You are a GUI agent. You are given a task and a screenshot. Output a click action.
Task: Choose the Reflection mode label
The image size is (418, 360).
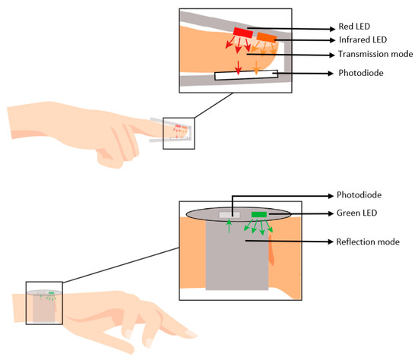(368, 242)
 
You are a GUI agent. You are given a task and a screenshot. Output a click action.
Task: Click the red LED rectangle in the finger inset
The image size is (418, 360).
(243, 32)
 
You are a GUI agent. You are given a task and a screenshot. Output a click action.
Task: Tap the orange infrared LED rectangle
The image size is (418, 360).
(267, 36)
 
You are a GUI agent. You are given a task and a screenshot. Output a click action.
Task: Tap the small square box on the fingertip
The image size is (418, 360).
(179, 131)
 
